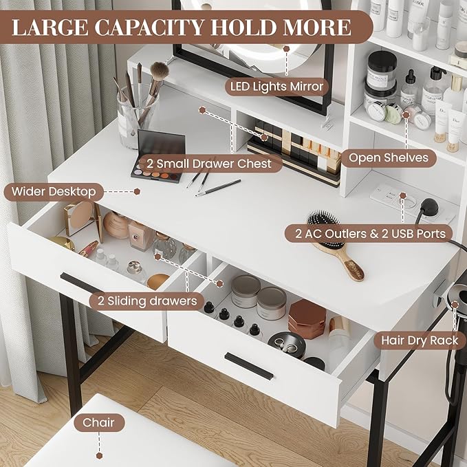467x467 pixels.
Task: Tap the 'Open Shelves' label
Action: (389, 158)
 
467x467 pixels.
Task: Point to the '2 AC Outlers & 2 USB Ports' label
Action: (371, 234)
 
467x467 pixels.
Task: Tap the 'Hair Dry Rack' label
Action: (420, 340)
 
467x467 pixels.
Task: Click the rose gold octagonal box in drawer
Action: (306, 318)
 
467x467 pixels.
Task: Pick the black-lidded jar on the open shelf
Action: (381, 69)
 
